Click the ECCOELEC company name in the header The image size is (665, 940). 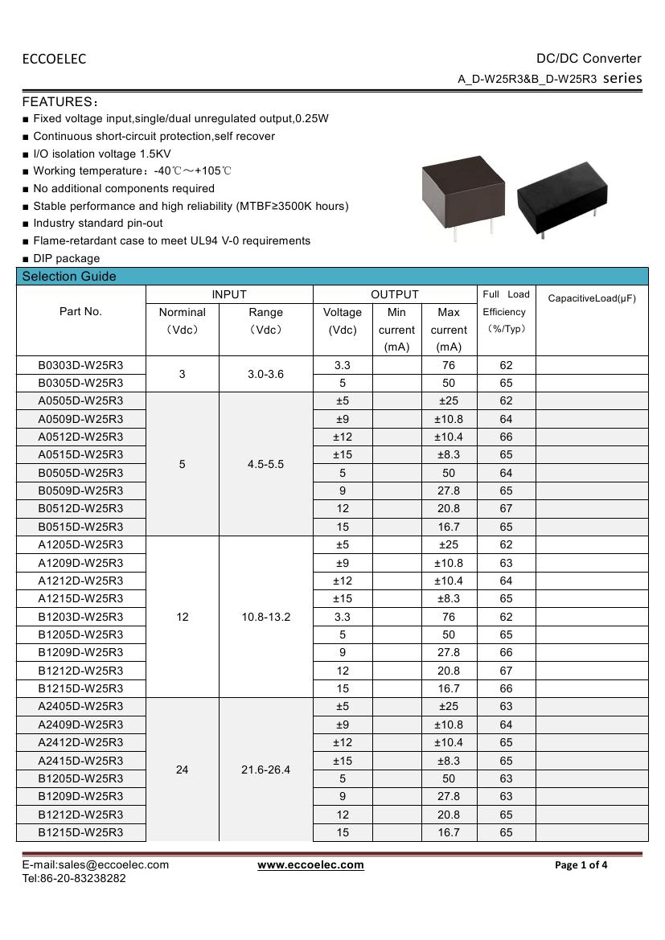tap(54, 59)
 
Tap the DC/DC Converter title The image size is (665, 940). tap(589, 59)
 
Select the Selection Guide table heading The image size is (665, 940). tap(69, 277)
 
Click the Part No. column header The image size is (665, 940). tap(80, 312)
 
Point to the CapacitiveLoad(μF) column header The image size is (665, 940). tap(591, 298)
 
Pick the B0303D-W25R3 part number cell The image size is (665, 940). tap(80, 365)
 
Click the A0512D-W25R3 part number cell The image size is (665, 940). tap(80, 437)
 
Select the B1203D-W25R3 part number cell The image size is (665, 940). tap(80, 617)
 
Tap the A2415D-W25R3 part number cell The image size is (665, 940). tap(80, 761)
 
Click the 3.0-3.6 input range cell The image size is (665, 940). tap(265, 374)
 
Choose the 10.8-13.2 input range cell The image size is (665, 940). tap(265, 617)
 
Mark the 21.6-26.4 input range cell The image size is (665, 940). tap(265, 770)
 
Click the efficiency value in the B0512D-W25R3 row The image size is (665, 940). tap(506, 509)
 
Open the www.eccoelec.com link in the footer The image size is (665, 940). tap(310, 865)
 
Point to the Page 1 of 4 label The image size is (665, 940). tap(581, 865)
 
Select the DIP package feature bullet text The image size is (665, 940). tap(67, 258)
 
